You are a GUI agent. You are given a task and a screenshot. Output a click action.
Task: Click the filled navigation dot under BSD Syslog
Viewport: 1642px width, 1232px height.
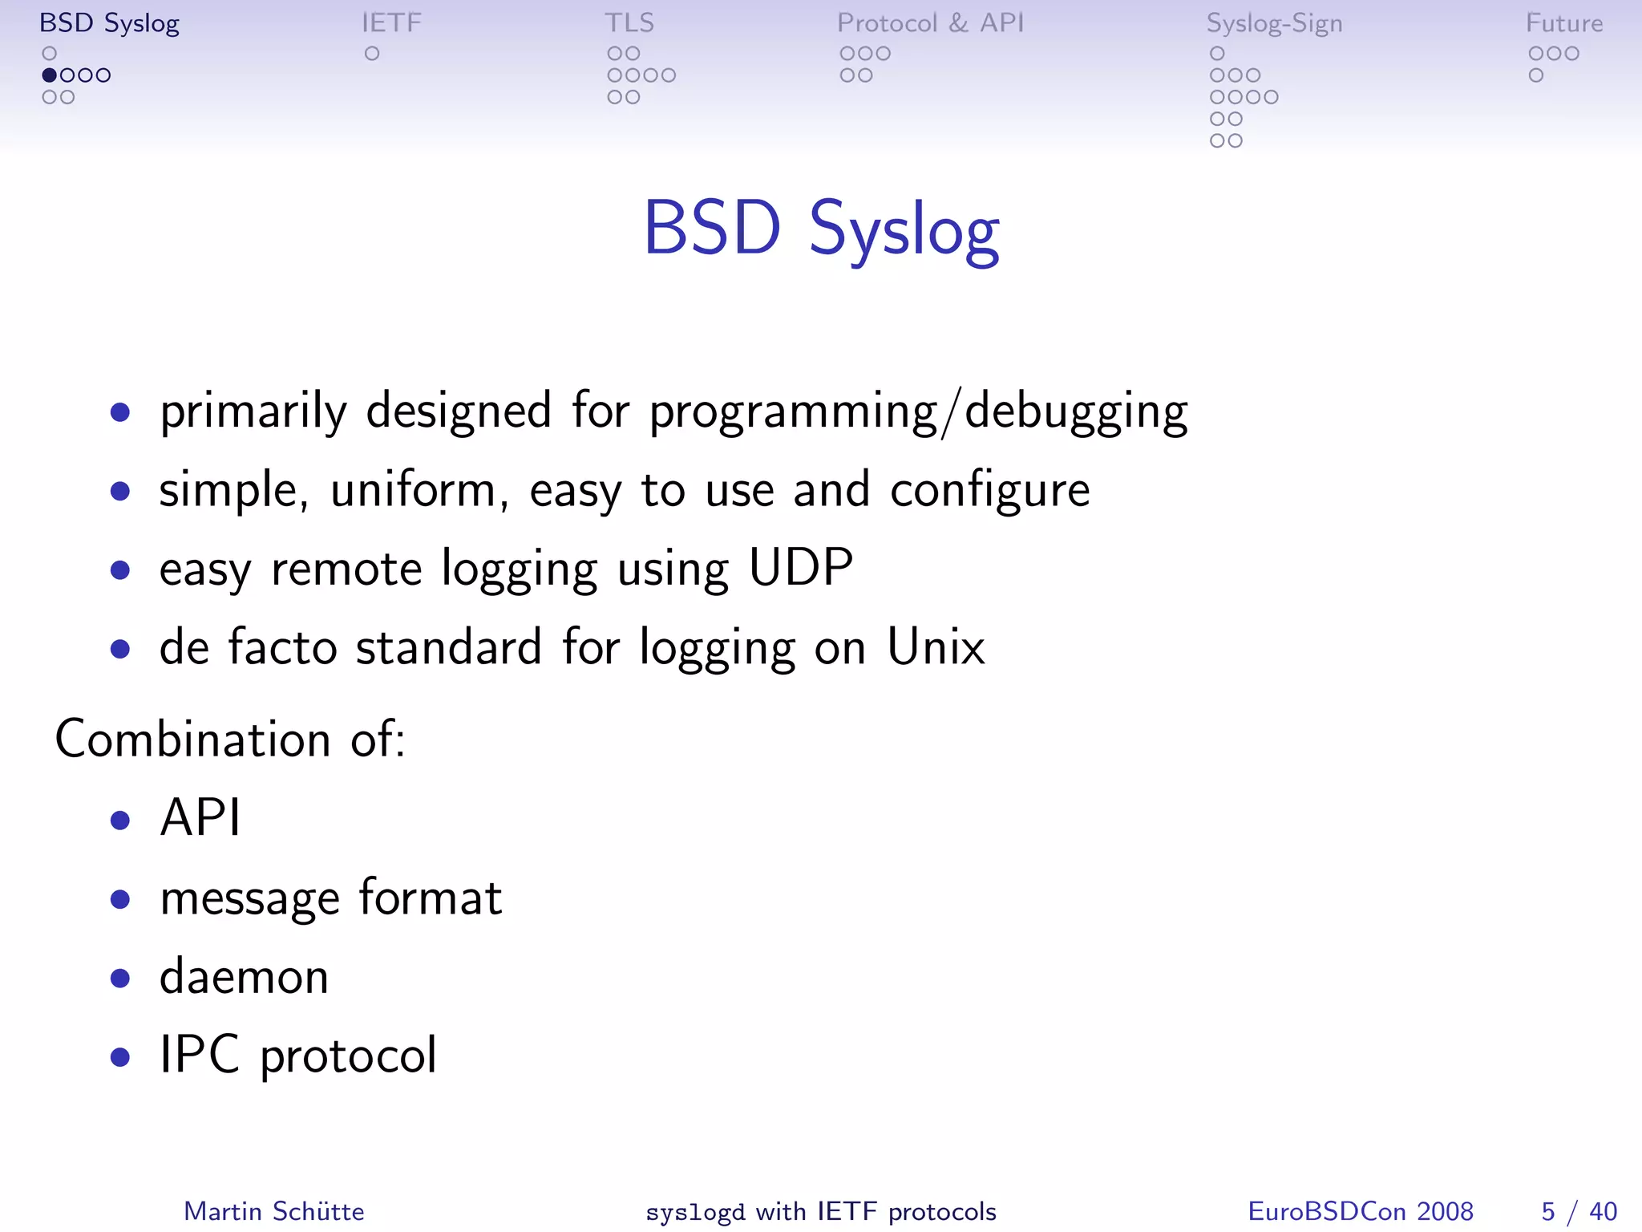(x=50, y=75)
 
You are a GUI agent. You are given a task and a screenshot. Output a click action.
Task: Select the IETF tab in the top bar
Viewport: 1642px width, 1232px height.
(x=391, y=23)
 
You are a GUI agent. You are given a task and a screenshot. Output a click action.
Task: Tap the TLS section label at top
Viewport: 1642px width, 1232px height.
(x=629, y=23)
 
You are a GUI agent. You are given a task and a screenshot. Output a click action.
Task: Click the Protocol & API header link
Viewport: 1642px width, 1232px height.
(x=931, y=23)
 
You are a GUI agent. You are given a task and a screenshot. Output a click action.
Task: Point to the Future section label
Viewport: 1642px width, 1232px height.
(x=1563, y=23)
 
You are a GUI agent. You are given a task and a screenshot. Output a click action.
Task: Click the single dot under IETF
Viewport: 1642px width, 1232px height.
(x=372, y=54)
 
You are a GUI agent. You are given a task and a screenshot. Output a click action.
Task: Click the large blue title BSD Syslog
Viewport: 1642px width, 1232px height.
(x=821, y=229)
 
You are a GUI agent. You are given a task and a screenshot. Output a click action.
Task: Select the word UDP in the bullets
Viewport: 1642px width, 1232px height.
(x=800, y=569)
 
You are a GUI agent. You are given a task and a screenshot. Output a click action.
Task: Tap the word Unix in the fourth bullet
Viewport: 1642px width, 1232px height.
(x=936, y=647)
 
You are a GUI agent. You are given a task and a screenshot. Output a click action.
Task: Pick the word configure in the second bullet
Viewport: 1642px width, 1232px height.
(x=989, y=491)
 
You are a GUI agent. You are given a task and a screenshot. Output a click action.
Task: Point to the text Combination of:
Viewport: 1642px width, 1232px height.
(x=230, y=739)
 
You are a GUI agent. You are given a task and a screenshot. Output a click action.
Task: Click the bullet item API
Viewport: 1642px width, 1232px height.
(x=200, y=818)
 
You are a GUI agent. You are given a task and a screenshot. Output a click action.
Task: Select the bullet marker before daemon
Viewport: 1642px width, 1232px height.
(x=120, y=979)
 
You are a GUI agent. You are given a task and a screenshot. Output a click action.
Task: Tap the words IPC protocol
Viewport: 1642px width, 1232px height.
(x=298, y=1056)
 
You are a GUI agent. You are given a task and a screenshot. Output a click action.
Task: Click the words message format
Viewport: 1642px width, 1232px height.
(x=330, y=898)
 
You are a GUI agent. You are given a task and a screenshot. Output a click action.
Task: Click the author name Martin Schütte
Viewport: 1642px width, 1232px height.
(x=274, y=1211)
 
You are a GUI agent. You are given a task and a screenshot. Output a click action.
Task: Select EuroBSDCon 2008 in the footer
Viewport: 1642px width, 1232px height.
(x=1361, y=1211)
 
